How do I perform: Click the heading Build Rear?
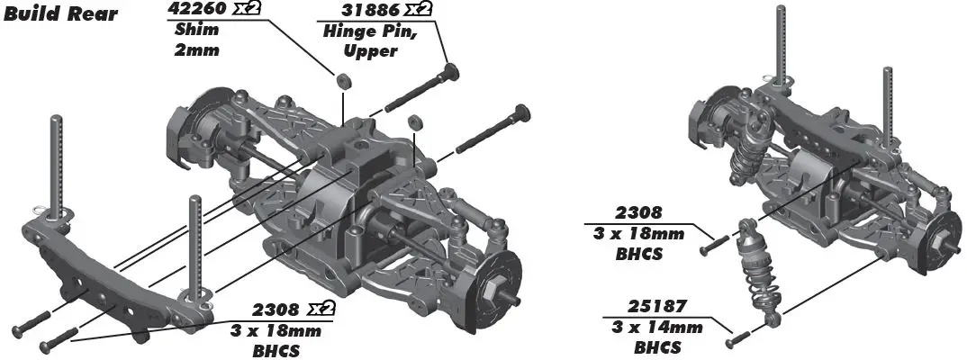point(60,16)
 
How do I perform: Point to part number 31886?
point(357,10)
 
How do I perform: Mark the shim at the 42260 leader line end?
point(344,81)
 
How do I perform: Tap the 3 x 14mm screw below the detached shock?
point(737,340)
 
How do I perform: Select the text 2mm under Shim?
point(192,49)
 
